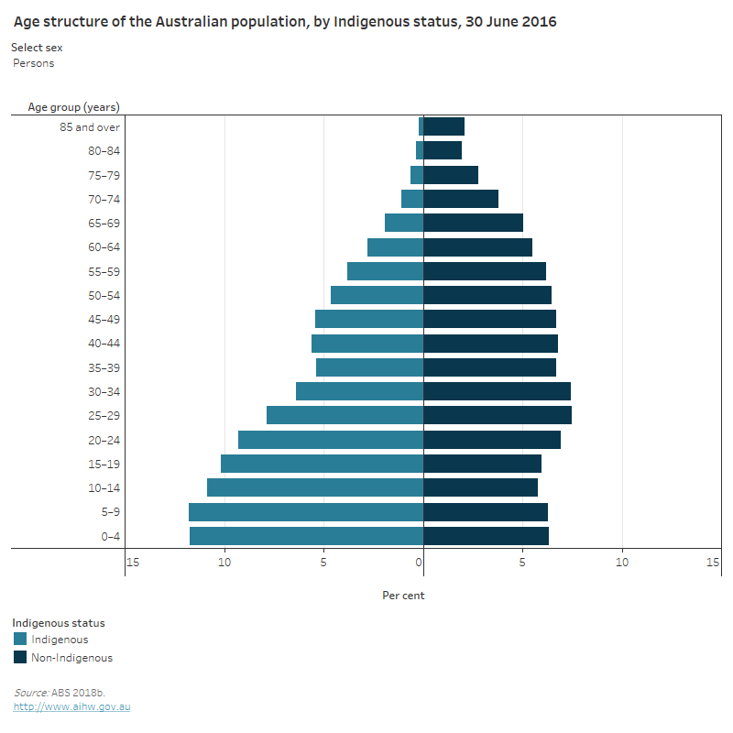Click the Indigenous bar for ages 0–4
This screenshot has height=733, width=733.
306,536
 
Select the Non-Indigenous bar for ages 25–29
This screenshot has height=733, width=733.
498,415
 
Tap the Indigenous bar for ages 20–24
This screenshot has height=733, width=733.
331,440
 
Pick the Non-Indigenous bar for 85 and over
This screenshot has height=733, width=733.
443,126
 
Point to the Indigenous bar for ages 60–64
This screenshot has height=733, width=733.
395,247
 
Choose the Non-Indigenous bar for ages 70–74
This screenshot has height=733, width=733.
461,199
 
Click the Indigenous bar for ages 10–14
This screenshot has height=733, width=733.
315,487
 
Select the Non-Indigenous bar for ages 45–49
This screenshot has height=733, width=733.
489,319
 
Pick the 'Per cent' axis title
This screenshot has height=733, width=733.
403,596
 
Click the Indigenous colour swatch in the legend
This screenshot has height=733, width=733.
20,640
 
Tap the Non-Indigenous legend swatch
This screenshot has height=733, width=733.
20,657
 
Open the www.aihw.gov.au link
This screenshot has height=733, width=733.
71,707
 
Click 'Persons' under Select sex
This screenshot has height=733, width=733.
34,63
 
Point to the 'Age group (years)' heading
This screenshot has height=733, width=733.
73,107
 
